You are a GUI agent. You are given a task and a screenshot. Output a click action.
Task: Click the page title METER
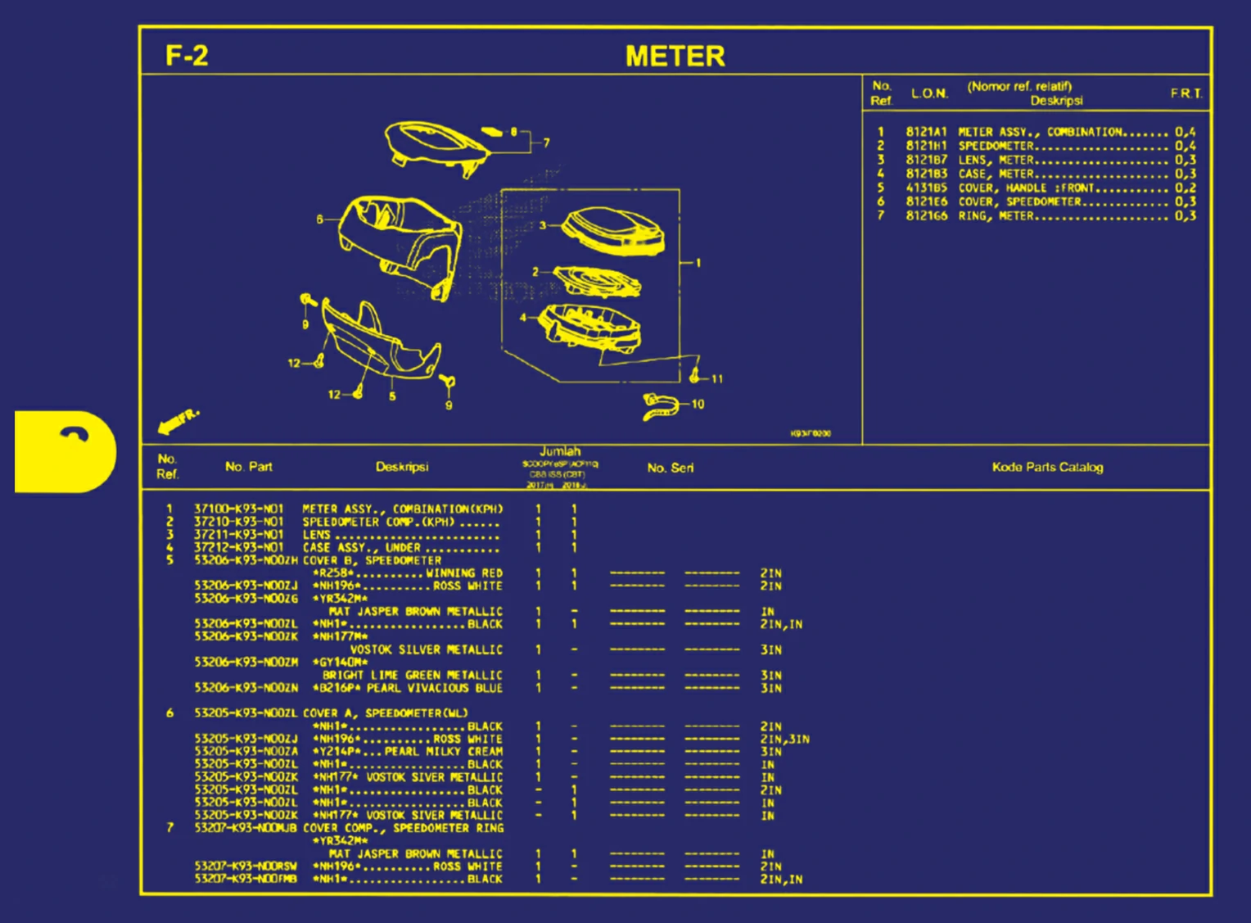[x=675, y=57]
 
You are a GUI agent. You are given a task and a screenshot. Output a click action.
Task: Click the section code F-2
[x=187, y=56]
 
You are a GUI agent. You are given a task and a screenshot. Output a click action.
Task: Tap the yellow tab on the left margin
[x=65, y=451]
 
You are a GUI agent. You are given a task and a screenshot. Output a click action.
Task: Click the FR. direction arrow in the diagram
[x=177, y=421]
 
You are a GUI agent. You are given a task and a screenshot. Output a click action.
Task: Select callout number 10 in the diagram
[x=698, y=404]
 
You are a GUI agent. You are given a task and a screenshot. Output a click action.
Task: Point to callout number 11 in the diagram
[x=717, y=379]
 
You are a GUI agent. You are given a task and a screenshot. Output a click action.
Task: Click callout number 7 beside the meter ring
[x=546, y=143]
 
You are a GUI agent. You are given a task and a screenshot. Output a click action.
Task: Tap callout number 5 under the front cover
[x=392, y=396]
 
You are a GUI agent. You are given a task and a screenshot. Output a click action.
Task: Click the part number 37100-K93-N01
[x=238, y=509]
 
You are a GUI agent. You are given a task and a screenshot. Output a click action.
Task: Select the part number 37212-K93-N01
[x=238, y=547]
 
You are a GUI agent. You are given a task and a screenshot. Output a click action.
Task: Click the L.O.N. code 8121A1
[x=926, y=132]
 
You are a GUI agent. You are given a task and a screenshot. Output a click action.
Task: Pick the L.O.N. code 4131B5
[x=926, y=188]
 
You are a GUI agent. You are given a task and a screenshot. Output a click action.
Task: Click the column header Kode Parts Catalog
[x=1047, y=467]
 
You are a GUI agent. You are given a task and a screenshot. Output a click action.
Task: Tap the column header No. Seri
[x=670, y=468]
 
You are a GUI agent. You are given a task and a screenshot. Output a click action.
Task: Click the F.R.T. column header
[x=1186, y=93]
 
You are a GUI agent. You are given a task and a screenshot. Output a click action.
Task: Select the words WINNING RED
[x=464, y=573]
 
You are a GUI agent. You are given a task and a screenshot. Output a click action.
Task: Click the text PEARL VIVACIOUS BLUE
[x=435, y=688]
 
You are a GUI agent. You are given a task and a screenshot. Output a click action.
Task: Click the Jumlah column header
[x=560, y=451]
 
